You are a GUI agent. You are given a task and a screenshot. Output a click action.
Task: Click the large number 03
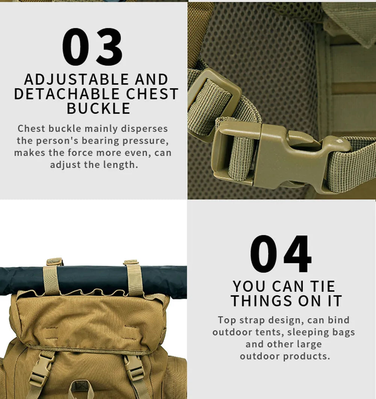point(92,47)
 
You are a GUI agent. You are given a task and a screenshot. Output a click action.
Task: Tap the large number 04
point(281,254)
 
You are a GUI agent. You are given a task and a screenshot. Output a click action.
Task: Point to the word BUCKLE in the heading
point(98,108)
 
